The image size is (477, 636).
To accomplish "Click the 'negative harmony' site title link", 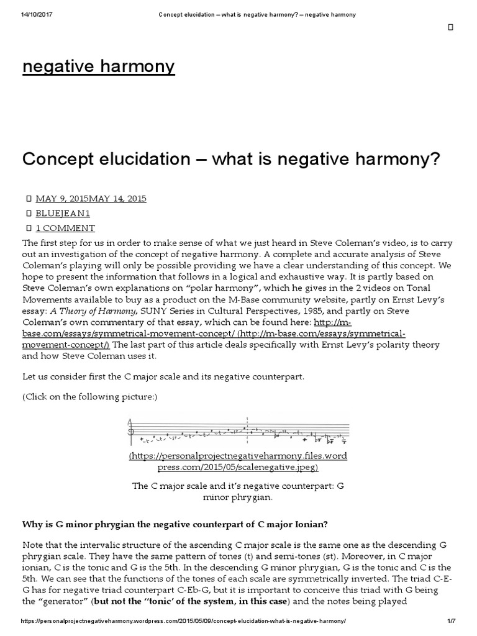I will [98, 66].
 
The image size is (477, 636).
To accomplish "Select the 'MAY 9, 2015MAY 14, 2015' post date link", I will [91, 199].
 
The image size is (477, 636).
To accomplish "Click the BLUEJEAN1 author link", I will [63, 214].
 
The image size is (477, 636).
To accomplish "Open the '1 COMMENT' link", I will [65, 228].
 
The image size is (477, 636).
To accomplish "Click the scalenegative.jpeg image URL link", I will [238, 461].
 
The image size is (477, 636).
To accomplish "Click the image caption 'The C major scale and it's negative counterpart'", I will [238, 486].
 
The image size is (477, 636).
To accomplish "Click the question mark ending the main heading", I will [434, 160].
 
